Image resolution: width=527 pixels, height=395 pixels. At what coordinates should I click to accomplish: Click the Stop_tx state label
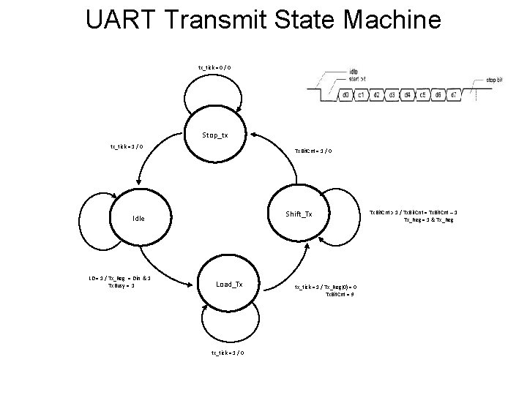(x=214, y=135)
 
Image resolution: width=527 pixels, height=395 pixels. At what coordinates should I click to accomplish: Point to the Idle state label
(x=138, y=218)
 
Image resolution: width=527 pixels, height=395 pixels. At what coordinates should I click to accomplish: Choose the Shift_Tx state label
(x=299, y=214)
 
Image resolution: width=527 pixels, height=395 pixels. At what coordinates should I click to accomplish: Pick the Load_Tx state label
(x=228, y=284)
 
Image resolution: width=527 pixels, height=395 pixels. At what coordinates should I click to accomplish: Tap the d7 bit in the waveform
(x=454, y=94)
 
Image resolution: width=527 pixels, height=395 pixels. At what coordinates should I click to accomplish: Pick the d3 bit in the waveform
(x=392, y=94)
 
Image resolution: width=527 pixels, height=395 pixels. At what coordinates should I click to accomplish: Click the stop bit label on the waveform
(x=495, y=80)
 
